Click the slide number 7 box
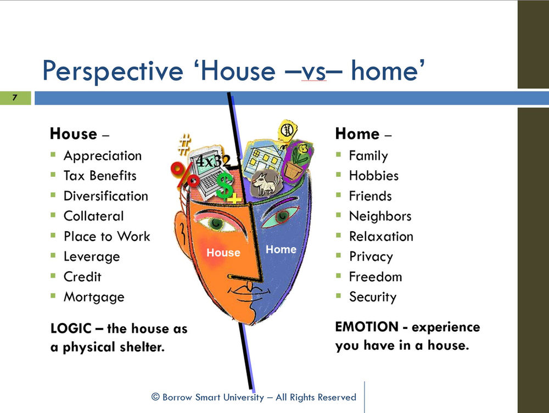coord(15,98)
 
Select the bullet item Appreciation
coord(103,156)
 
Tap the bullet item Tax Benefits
coord(100,176)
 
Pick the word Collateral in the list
coord(94,216)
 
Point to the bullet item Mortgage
coord(94,297)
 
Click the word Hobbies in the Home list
coord(374,176)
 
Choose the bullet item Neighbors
coord(380,216)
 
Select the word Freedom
coord(376,277)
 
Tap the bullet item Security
coord(373,297)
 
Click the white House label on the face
coord(223,253)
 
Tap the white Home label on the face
coord(281,249)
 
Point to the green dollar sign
coord(224,185)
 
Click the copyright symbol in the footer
coord(155,397)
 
